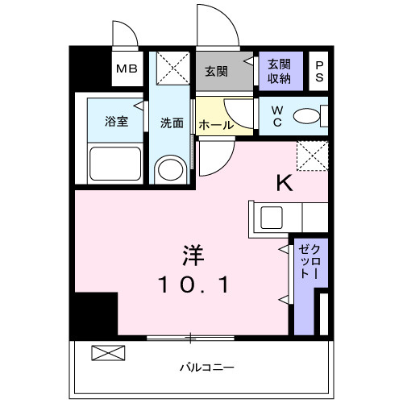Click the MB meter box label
click(x=127, y=69)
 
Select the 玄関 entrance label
click(x=216, y=70)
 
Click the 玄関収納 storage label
click(x=280, y=70)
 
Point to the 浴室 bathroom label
click(x=116, y=122)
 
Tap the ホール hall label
click(x=215, y=126)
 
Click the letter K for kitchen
click(x=285, y=183)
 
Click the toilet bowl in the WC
click(x=307, y=117)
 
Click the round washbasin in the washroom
click(x=170, y=169)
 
